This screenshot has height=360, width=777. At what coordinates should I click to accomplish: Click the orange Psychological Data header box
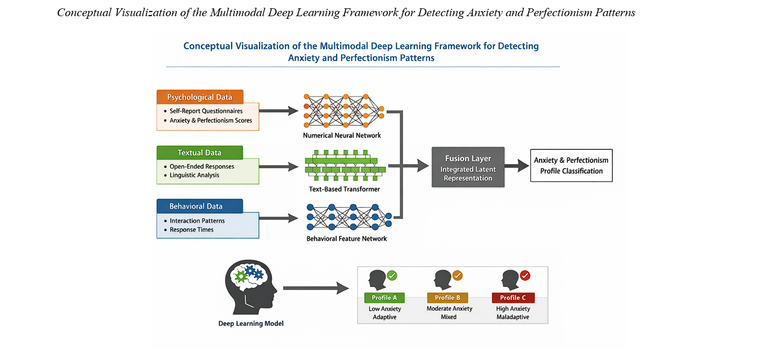tap(200, 97)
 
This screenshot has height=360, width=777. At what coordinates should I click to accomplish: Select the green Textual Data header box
tap(200, 153)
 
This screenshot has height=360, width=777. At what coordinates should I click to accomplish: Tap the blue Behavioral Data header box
tap(200, 206)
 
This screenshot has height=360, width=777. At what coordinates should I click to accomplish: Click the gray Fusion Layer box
tap(468, 167)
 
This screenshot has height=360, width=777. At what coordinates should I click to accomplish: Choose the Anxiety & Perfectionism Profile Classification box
tap(571, 165)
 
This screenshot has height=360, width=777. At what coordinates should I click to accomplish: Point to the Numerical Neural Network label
tap(342, 136)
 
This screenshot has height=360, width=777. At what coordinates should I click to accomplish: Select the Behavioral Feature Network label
tap(347, 239)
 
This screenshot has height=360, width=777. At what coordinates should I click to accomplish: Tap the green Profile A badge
tap(385, 298)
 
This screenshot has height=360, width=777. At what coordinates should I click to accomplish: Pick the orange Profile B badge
tap(448, 298)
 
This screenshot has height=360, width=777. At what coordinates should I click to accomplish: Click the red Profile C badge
tap(513, 298)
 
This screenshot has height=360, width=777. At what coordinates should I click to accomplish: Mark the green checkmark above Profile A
tap(392, 274)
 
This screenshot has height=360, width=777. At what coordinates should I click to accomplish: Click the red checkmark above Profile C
tap(525, 275)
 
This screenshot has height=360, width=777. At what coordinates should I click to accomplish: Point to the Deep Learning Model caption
tap(251, 323)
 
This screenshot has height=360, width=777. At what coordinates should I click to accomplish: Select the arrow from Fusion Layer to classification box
tap(517, 167)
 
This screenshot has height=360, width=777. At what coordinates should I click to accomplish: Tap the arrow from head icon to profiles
tap(316, 287)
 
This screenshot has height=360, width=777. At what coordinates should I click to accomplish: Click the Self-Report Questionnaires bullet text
tap(206, 111)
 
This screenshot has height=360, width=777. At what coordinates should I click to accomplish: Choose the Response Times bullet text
tap(192, 230)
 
